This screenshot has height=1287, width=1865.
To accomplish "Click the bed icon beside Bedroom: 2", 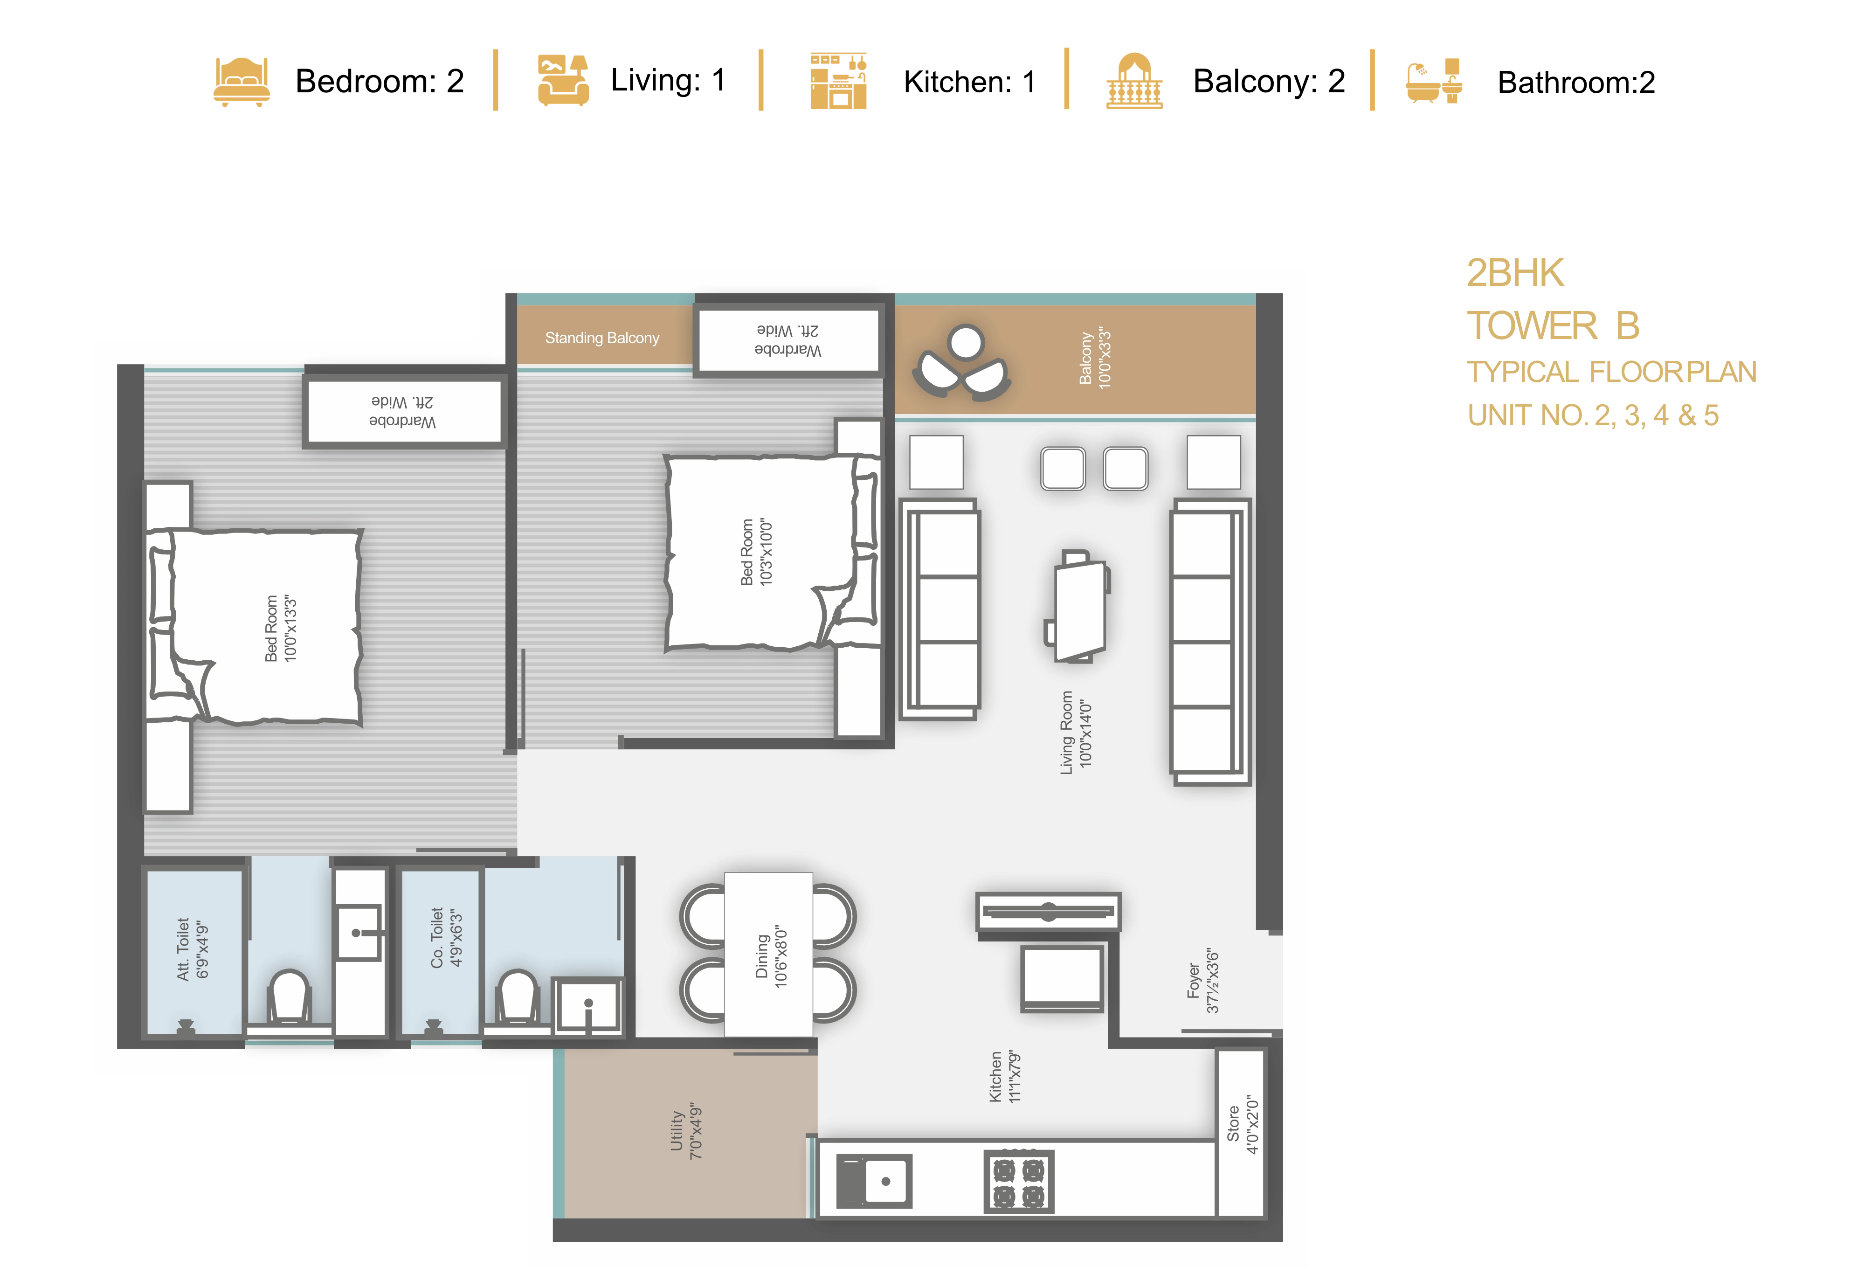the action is click(241, 82).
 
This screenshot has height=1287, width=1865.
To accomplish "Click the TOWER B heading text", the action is click(1552, 326).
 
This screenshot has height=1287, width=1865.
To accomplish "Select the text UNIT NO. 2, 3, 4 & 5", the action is click(1592, 415).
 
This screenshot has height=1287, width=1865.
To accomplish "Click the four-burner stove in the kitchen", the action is click(1018, 1181).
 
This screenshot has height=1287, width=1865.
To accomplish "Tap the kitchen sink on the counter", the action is click(874, 1181).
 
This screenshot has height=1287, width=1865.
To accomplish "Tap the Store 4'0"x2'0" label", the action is click(1242, 1124).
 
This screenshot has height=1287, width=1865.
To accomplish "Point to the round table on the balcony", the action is click(965, 342).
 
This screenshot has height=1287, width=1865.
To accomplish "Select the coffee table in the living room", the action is click(1077, 606).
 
